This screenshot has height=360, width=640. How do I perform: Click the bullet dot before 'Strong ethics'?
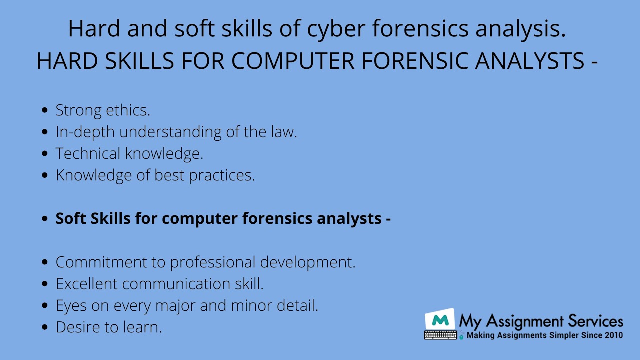45,110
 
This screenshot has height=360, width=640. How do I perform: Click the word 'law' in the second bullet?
283,132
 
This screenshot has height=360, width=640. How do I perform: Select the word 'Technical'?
88,153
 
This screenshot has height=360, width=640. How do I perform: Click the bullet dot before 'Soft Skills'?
45,219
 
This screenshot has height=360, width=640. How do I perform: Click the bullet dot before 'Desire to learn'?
45,327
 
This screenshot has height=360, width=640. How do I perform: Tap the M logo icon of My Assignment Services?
440,320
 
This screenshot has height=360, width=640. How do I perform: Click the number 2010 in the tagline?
612,335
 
